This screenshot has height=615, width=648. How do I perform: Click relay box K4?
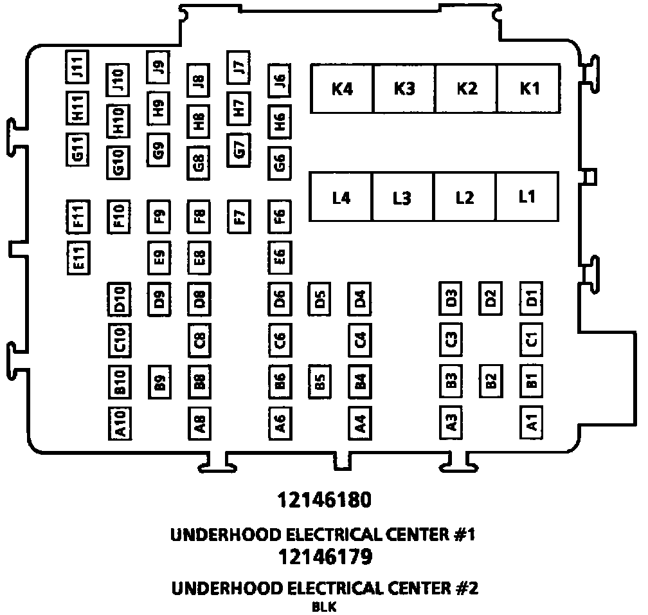click(x=342, y=89)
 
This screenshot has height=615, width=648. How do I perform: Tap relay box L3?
click(x=402, y=198)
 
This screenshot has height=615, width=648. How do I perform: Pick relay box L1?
click(x=526, y=197)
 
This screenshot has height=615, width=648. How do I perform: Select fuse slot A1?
click(x=532, y=423)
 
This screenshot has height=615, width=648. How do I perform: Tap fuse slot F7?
click(x=239, y=217)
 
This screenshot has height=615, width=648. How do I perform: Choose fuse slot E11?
click(x=78, y=257)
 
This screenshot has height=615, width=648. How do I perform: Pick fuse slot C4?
click(x=360, y=340)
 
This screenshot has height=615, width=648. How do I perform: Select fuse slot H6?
click(x=280, y=119)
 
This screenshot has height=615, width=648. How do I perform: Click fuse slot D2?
click(x=491, y=298)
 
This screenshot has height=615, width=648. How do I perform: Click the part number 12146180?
click(x=325, y=500)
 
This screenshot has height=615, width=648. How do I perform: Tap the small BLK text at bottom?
click(x=325, y=606)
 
